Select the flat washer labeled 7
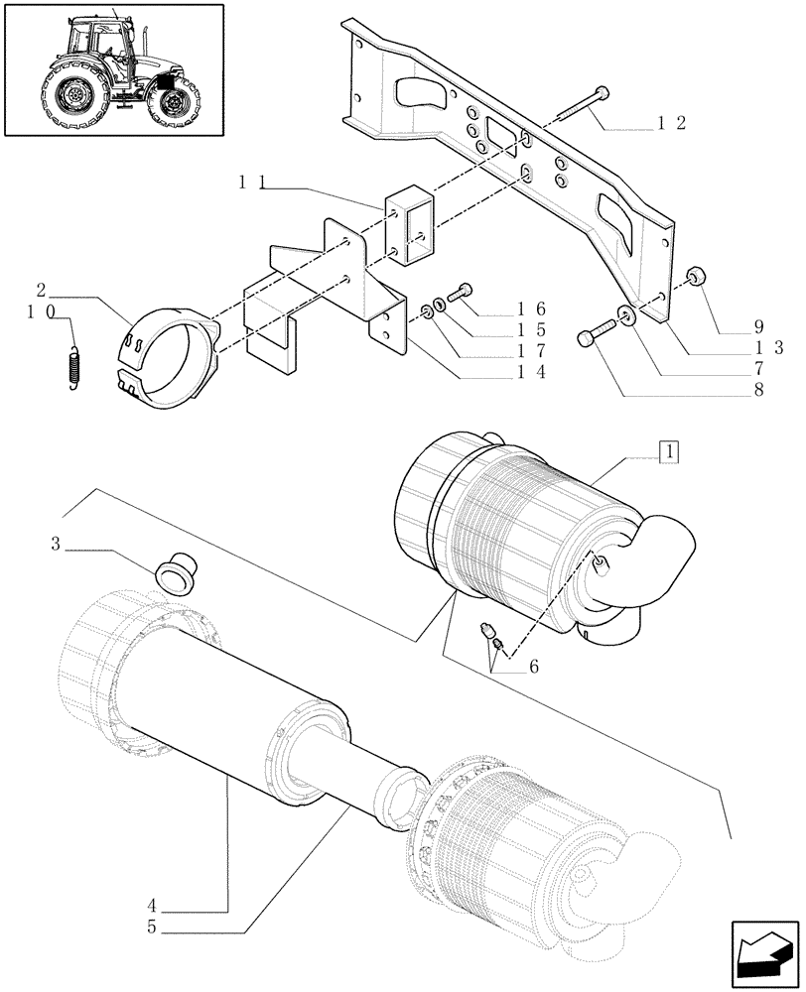click(627, 316)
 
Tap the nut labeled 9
click(696, 277)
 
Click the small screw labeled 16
click(464, 292)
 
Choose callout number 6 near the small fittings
click(534, 667)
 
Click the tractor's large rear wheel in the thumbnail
click(73, 96)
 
